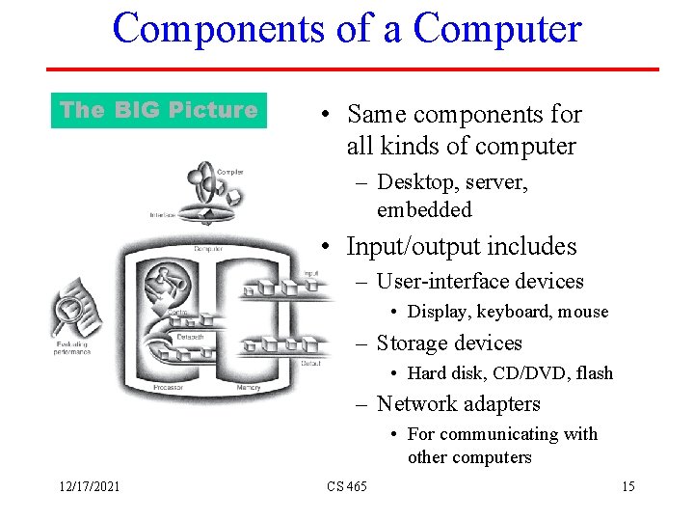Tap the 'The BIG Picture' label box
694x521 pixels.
point(158,110)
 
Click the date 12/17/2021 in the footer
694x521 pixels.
point(87,486)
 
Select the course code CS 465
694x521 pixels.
point(347,486)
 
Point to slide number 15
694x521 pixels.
point(627,486)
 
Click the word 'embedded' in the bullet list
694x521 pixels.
point(424,209)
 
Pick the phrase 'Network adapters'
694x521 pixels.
point(458,404)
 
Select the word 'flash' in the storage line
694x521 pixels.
point(591,372)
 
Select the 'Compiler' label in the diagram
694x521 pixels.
point(230,172)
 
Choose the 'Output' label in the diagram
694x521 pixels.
point(310,363)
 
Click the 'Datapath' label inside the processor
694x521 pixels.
point(190,337)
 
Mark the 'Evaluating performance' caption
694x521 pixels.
point(72,347)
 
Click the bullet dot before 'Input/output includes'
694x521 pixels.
point(328,247)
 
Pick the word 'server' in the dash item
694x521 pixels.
point(494,182)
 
